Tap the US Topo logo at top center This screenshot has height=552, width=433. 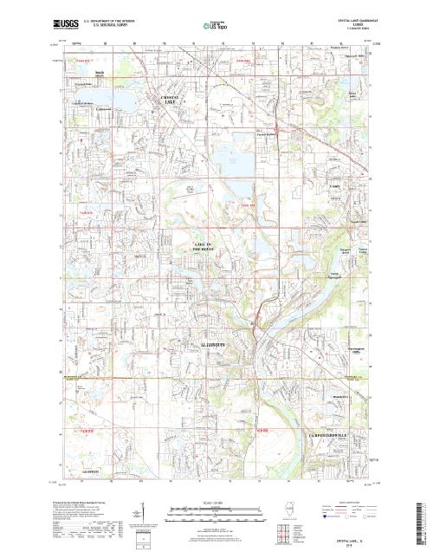(x=216, y=27)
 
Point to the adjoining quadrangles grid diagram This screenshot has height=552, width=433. (x=281, y=530)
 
